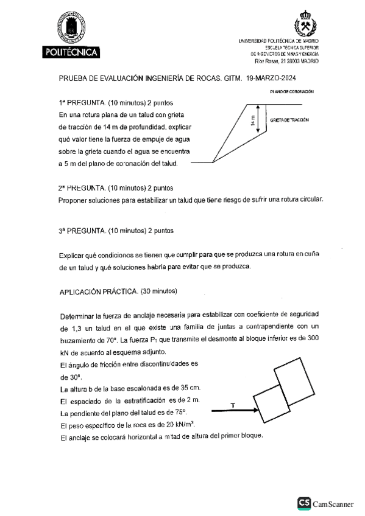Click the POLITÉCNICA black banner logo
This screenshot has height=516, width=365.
[x=72, y=54]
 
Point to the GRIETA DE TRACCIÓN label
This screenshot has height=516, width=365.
[x=290, y=120]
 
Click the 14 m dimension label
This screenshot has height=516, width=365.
[x=253, y=122]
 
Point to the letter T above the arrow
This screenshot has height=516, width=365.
[x=233, y=405]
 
